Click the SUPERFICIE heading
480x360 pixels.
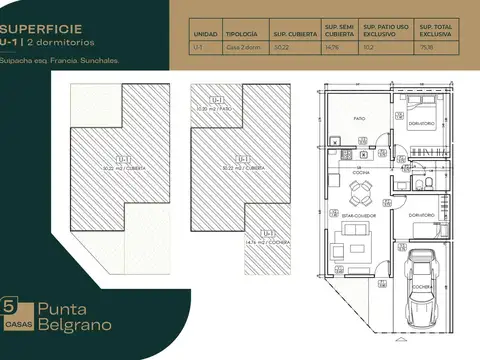[42, 30]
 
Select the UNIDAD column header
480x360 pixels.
[205, 33]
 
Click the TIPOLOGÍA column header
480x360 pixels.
[242, 33]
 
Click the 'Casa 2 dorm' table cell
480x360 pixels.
[242, 47]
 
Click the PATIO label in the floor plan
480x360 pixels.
[358, 118]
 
